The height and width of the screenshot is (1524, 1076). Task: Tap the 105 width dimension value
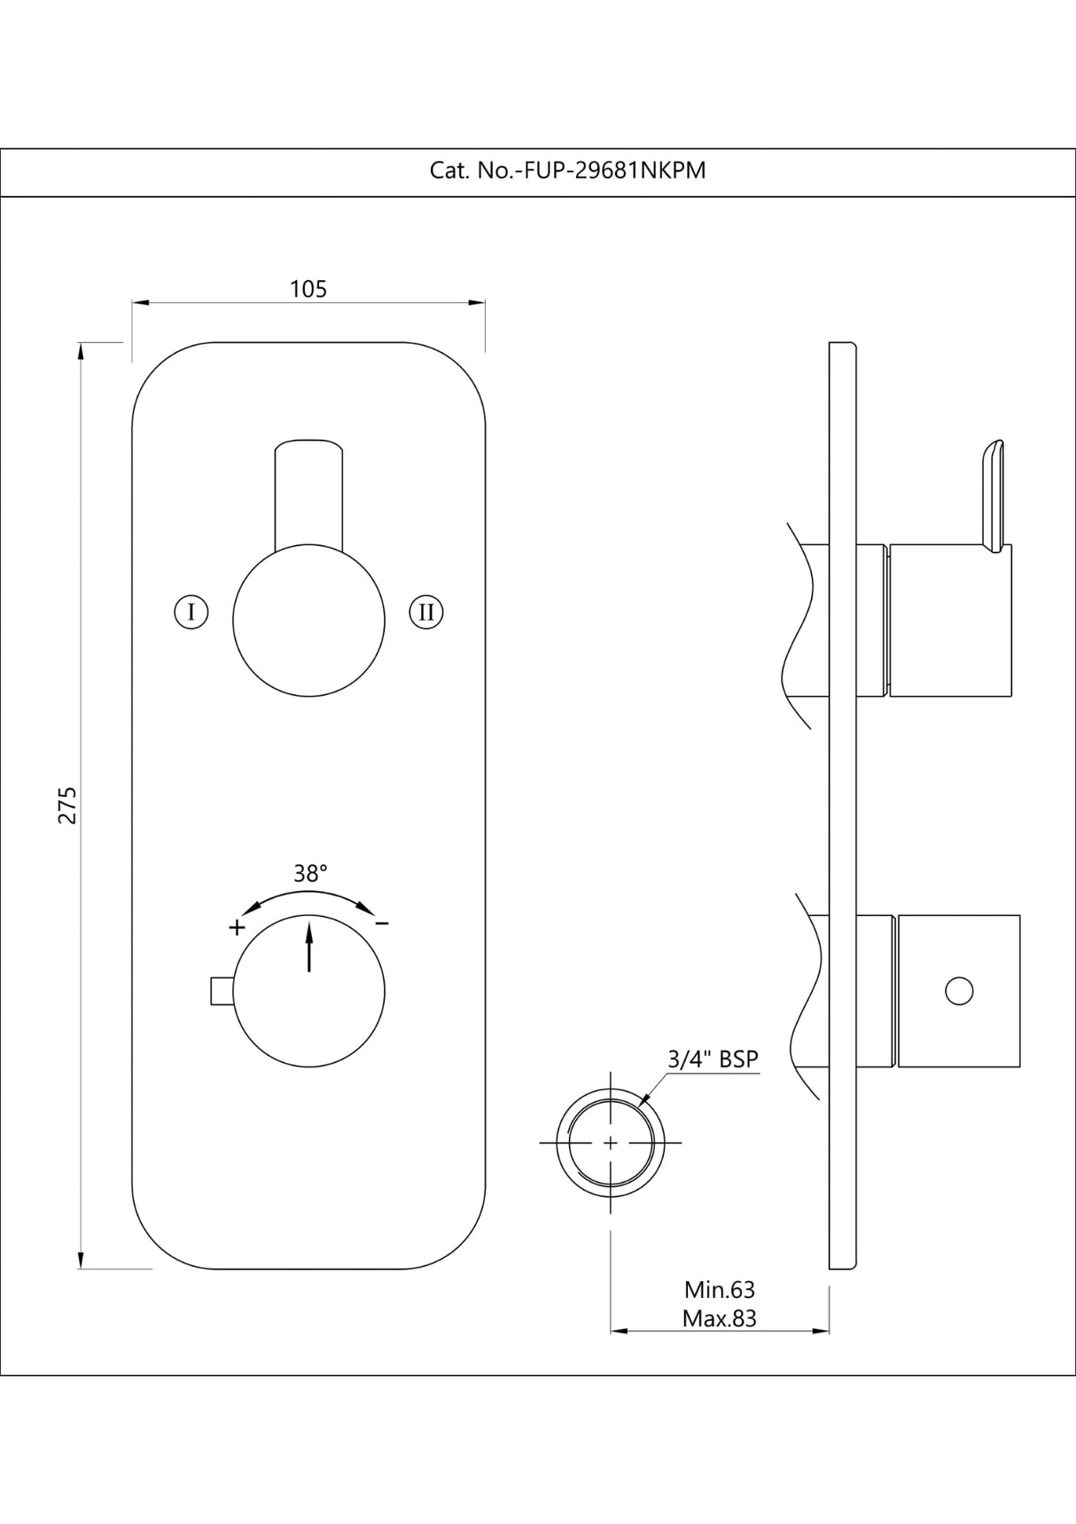tap(308, 289)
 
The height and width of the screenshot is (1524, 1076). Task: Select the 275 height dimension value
tap(67, 804)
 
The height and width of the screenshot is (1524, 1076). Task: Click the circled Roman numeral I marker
tap(191, 612)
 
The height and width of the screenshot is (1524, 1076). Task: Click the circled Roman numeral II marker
tap(426, 612)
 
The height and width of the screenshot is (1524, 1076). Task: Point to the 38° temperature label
tap(310, 873)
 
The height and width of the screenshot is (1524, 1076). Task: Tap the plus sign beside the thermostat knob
tap(237, 927)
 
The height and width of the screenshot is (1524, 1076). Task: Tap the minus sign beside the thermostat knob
tap(382, 924)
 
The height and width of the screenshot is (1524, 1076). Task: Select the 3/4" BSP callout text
tap(713, 1059)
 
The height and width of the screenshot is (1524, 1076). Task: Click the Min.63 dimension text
tap(720, 1289)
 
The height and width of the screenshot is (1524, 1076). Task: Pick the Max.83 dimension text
tap(720, 1318)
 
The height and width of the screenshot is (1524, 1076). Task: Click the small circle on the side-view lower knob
tap(959, 990)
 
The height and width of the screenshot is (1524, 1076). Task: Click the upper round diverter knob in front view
tap(309, 620)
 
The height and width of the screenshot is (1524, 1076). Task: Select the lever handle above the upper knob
tap(309, 493)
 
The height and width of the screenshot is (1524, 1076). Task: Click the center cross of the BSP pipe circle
tap(610, 1143)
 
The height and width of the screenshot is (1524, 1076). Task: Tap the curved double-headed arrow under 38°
tap(308, 897)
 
